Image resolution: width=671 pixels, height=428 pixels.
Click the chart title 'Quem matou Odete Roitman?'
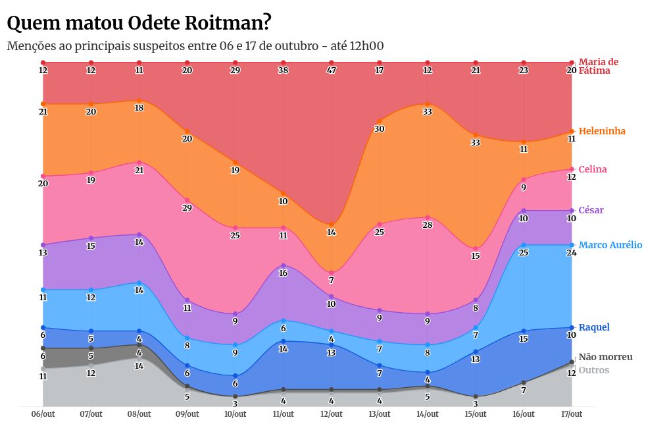(139, 23)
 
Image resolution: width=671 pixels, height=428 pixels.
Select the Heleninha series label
(602, 131)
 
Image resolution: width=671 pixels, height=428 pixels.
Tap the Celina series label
(592, 169)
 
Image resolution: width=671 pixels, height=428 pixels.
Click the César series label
(591, 210)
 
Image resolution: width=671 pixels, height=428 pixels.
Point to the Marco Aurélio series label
(610, 245)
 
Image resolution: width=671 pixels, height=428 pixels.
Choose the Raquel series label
(593, 327)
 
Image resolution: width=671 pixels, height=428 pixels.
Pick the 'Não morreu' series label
(605, 357)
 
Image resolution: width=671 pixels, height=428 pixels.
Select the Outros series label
(593, 370)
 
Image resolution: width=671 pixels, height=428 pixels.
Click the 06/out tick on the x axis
(43, 414)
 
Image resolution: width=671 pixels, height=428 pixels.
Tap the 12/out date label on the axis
(332, 414)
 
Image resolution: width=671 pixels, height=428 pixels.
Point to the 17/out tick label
(572, 414)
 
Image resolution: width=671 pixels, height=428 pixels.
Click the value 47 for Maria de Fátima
(332, 70)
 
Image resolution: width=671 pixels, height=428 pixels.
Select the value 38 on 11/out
(284, 70)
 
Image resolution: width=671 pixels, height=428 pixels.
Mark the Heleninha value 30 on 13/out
(380, 129)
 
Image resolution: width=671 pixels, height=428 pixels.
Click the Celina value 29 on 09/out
(187, 208)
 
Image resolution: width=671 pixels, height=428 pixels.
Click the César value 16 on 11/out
(284, 273)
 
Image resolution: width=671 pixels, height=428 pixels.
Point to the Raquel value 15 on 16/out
(524, 339)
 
